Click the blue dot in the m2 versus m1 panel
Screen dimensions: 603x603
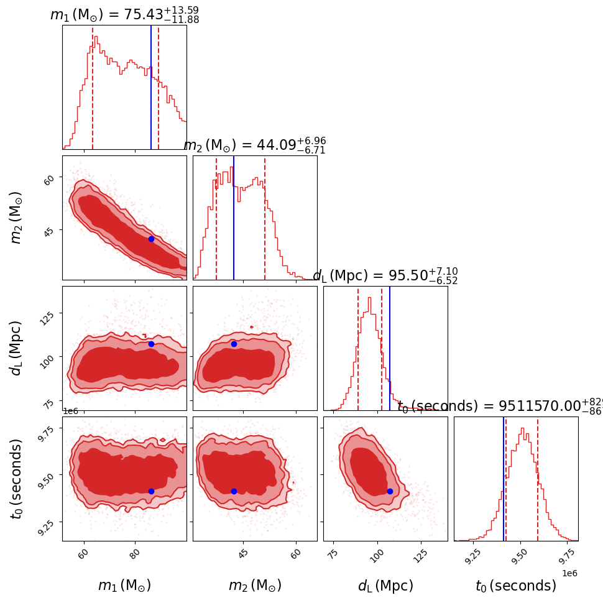(x=151, y=239)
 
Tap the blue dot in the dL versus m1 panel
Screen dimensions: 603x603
(x=151, y=344)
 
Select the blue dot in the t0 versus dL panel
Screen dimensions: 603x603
(x=390, y=491)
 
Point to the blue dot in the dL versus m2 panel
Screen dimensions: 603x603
(x=234, y=344)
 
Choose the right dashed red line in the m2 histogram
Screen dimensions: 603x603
(x=265, y=218)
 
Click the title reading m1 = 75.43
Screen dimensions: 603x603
(x=124, y=15)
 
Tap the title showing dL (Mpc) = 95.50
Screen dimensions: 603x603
(x=385, y=276)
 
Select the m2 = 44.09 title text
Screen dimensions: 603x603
(x=254, y=145)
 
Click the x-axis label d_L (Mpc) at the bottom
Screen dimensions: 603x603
(x=385, y=586)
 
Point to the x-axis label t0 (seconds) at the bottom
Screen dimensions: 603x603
(x=516, y=586)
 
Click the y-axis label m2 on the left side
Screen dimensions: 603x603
(x=17, y=218)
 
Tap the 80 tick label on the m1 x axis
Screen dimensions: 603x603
(x=133, y=555)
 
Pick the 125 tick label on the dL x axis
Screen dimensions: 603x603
(x=420, y=555)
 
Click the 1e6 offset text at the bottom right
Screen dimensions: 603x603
(x=568, y=573)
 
